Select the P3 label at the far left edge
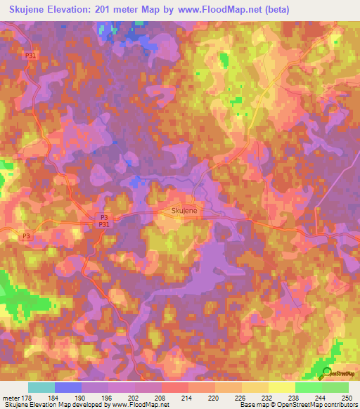click(27, 235)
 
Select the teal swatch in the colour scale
click(41, 388)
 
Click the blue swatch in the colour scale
click(67, 388)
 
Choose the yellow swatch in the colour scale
click(281, 388)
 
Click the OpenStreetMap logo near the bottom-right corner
click(337, 374)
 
